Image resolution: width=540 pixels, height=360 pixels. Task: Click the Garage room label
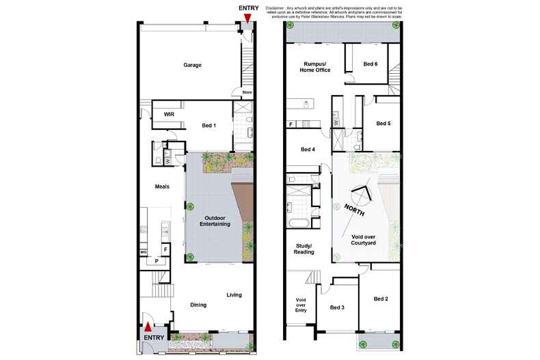pos(192,66)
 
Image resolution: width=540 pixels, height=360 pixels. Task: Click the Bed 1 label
pos(210,126)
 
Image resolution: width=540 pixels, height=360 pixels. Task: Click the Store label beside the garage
pos(247,92)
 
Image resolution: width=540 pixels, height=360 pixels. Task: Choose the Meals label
pos(161,186)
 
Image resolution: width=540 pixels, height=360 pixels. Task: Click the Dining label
pos(199,305)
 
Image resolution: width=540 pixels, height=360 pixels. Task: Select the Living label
pos(234,295)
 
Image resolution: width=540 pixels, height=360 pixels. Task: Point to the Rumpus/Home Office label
pos(318,67)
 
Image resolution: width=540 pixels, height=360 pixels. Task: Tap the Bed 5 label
pos(383,124)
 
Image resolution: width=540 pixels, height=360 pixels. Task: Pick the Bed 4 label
pos(308,150)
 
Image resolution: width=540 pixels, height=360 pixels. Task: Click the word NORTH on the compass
pos(354,208)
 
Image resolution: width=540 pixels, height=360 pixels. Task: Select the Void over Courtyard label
pos(370,239)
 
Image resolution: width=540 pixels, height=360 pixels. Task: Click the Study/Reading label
pos(304,249)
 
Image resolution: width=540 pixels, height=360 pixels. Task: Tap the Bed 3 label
pos(338,307)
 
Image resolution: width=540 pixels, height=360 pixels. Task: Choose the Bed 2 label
pos(381,299)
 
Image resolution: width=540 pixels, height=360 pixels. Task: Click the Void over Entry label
pos(300,305)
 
